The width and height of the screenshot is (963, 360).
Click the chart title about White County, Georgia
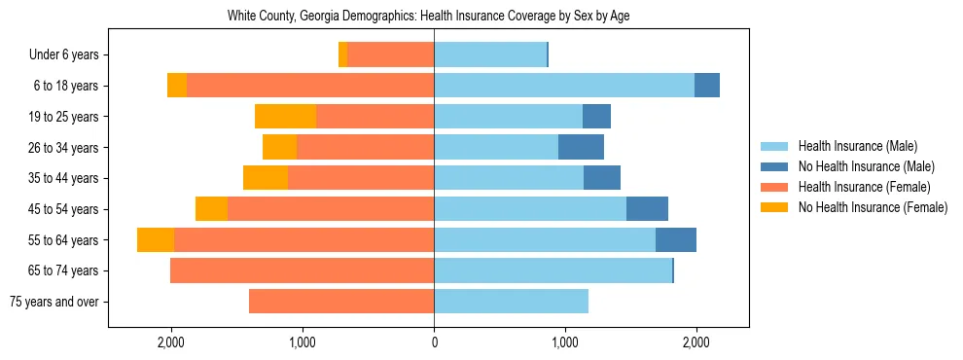coord(434,17)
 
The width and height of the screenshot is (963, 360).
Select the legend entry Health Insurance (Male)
coord(857,146)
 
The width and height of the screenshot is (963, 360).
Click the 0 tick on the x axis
coord(434,342)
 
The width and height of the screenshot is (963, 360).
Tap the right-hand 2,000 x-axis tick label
coord(695,342)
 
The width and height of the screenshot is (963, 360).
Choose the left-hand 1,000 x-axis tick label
coord(303,342)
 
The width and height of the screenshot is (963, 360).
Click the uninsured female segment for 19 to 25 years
coord(285,117)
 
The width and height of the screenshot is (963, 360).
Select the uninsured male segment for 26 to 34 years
coord(581,148)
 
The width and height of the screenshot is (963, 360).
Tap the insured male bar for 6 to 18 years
coord(564,86)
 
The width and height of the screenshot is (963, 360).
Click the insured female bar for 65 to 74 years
coord(302,270)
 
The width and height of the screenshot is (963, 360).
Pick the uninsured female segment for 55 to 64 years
coord(156,240)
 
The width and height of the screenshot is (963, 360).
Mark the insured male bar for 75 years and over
coord(511,302)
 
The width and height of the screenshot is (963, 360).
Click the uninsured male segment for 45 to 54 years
coord(647,209)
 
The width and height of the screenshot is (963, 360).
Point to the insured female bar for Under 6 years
coord(390,55)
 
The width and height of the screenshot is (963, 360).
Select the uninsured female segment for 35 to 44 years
coord(266,178)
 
